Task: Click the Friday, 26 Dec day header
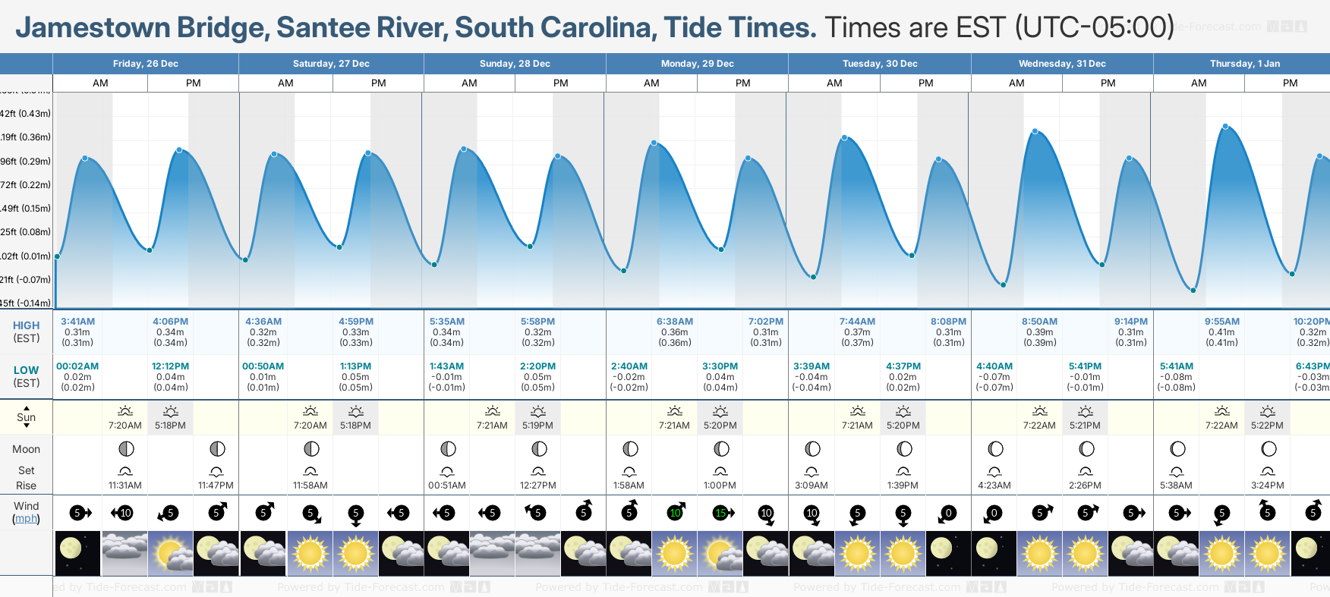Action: coord(145,64)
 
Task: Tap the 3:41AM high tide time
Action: coord(77,322)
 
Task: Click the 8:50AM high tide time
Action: coord(1039,322)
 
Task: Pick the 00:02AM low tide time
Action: coord(77,366)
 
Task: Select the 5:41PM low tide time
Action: coord(1085,366)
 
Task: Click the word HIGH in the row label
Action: coord(26,325)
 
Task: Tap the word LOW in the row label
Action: coord(26,370)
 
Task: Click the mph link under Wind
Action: coord(26,519)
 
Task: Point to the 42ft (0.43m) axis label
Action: coord(26,114)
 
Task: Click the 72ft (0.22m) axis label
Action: coord(26,185)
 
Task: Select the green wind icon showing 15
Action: coord(720,514)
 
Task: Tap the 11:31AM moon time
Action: coord(125,485)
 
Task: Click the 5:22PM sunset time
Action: coord(1267,426)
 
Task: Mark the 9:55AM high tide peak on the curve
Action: coord(1224,127)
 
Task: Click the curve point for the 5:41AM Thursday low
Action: coord(1193,290)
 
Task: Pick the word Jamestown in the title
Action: coord(93,28)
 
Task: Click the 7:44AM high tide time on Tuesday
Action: coord(857,322)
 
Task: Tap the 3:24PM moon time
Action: coord(1267,485)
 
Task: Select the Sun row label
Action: coord(26,417)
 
